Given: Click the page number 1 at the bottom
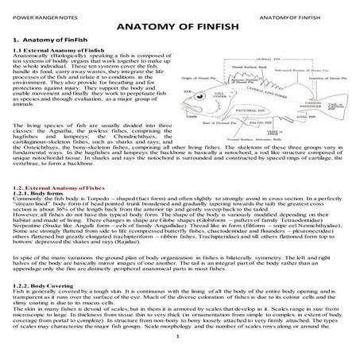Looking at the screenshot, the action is (180, 346).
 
